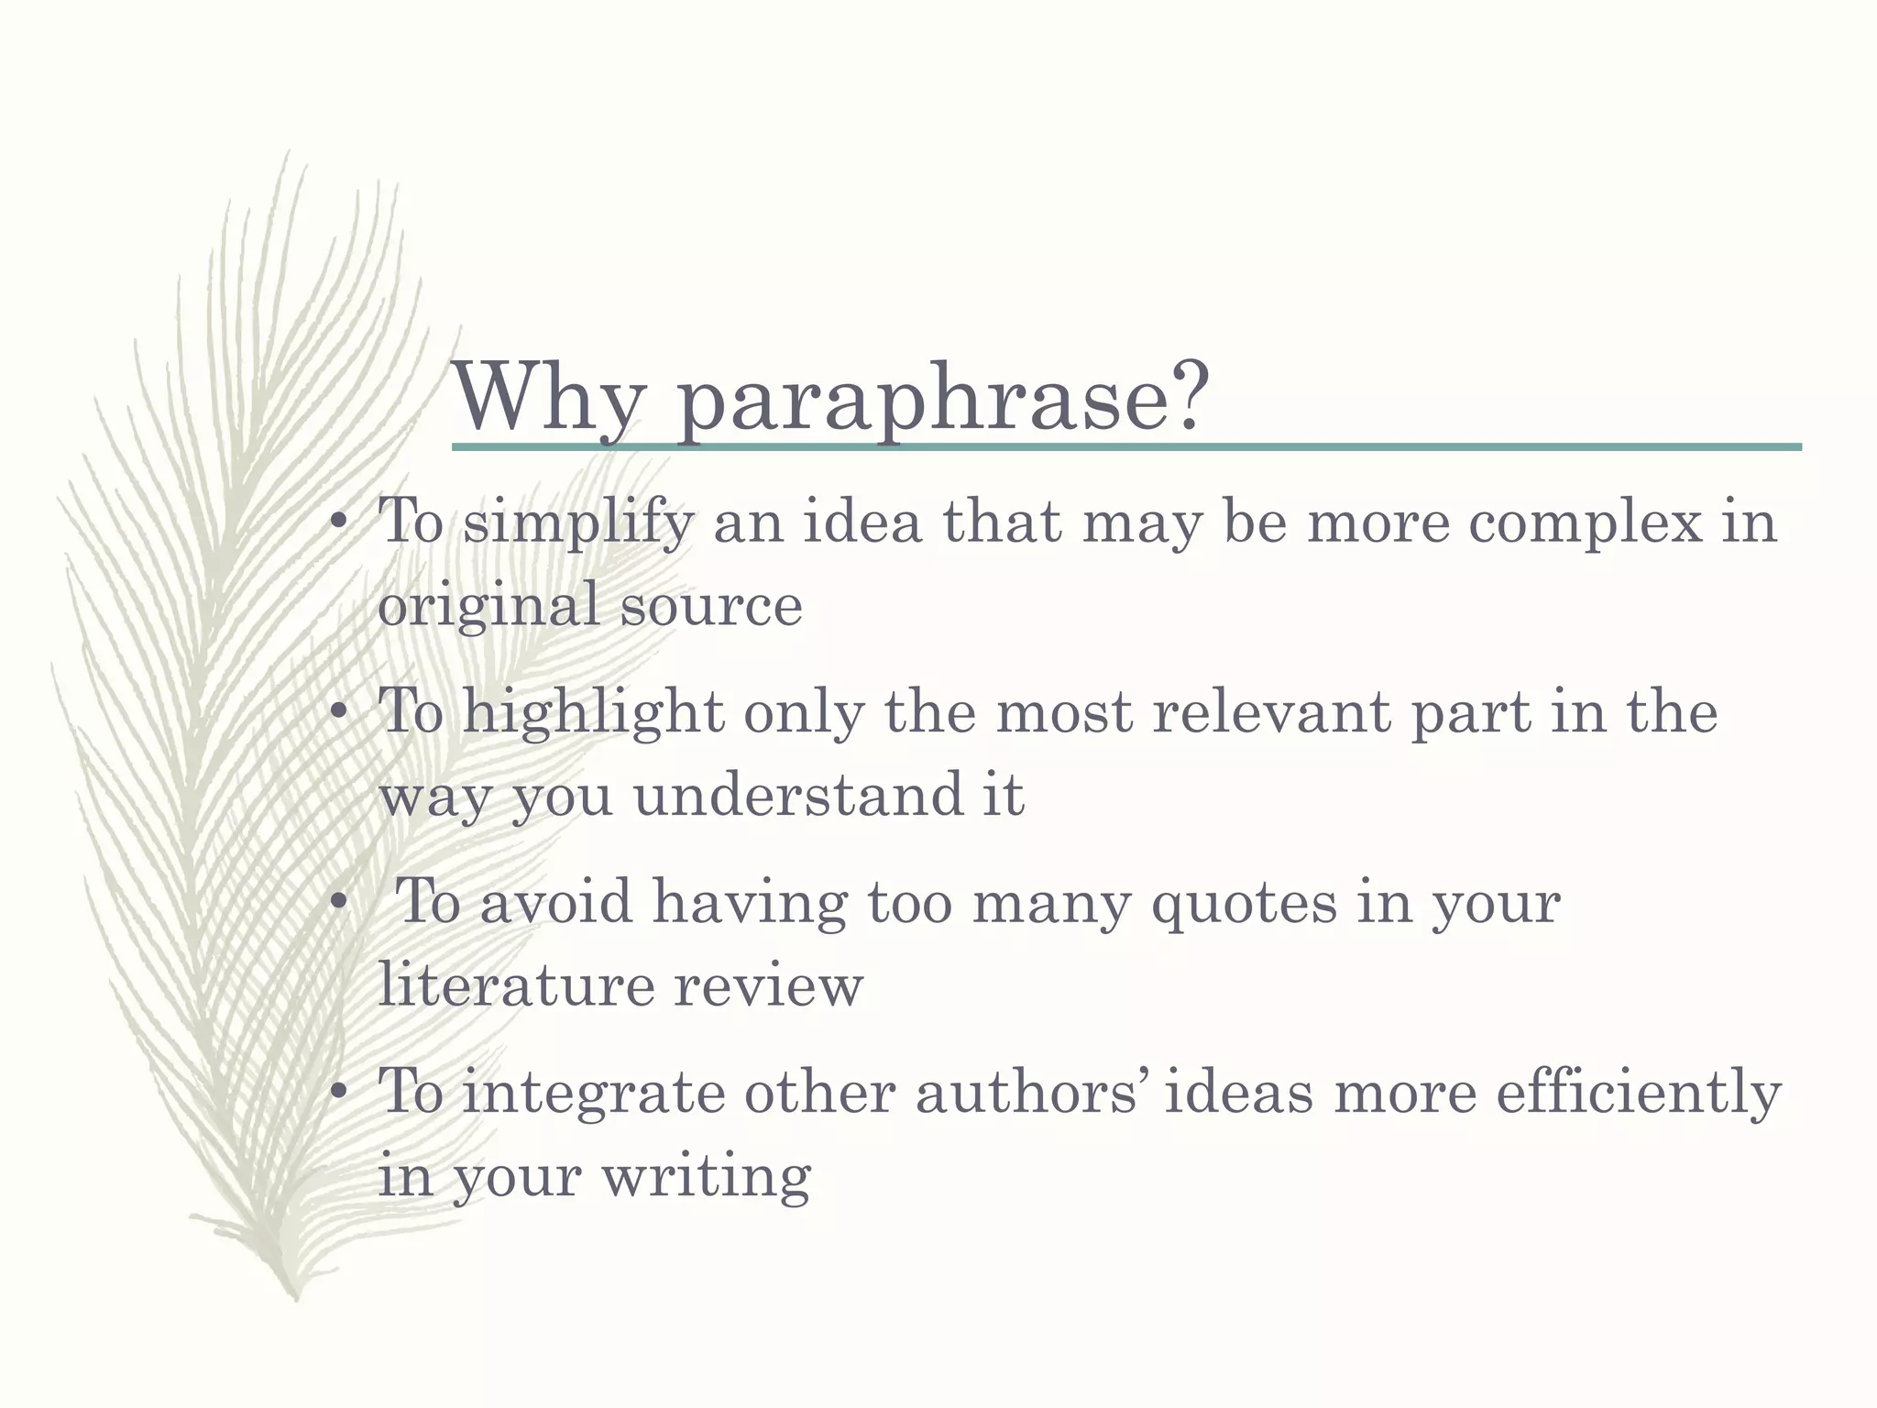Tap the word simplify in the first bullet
pyautogui.click(x=577, y=524)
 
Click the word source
pyautogui.click(x=711, y=606)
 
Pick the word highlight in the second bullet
pyautogui.click(x=593, y=714)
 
